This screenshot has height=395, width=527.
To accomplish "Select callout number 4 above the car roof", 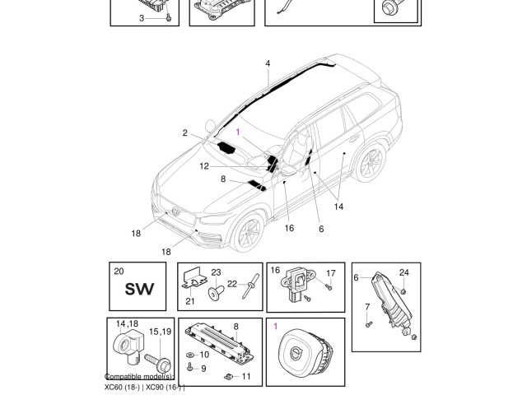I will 268,63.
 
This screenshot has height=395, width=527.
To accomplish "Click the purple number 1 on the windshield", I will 239,132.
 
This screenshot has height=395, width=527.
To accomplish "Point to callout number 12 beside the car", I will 203,166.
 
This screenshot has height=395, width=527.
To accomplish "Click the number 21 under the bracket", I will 190,301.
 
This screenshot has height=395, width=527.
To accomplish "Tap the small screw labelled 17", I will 329,287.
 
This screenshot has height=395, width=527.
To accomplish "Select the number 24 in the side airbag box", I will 403,272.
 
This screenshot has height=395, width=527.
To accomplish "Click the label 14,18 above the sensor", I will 126,324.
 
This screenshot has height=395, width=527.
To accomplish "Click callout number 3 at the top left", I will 141,18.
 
